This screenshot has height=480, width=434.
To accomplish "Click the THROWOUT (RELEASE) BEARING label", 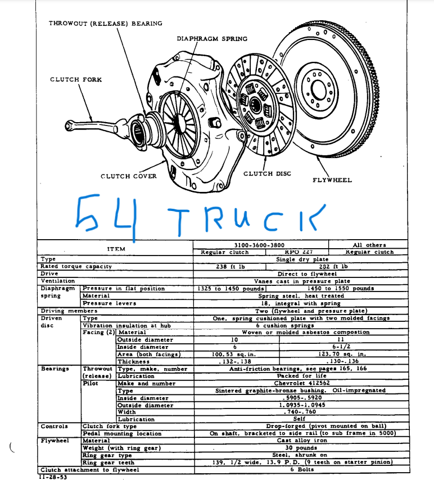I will click(105, 24).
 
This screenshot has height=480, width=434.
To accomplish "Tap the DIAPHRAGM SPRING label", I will click(208, 39).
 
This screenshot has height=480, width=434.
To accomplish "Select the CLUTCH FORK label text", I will click(76, 79).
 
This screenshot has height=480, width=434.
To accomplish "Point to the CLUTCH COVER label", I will click(129, 176).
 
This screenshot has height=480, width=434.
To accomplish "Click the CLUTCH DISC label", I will click(267, 174).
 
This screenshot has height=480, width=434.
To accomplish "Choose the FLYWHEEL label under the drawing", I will click(332, 180).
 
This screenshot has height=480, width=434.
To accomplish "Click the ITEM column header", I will click(116, 248).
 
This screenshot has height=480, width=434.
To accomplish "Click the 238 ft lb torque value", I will click(229, 267).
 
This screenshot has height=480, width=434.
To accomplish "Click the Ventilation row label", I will click(57, 281).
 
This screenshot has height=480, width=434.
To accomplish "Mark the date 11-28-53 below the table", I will click(54, 476).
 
